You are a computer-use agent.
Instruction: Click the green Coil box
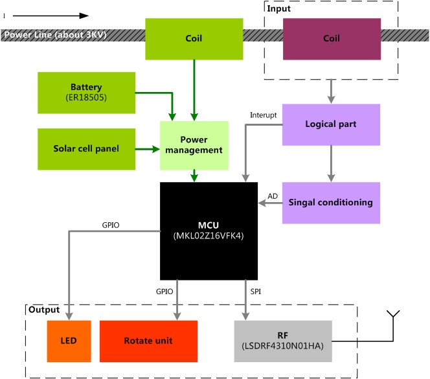[x=194, y=39]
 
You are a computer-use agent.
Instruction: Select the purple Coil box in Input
[x=332, y=39]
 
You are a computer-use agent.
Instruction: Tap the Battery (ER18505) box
[x=87, y=92]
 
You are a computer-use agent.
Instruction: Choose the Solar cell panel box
[x=87, y=149]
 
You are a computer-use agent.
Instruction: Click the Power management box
[x=194, y=145]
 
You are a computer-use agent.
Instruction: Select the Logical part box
[x=331, y=124]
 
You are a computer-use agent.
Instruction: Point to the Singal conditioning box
[x=331, y=203]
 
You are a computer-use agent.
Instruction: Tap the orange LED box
[x=69, y=341]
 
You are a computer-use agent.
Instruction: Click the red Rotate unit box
[x=148, y=341]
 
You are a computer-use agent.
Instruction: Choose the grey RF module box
[x=283, y=341]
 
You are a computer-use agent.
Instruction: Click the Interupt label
[x=263, y=115]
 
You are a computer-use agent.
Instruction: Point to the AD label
[x=273, y=196]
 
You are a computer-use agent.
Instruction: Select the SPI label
[x=256, y=292]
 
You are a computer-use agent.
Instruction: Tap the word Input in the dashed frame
[x=279, y=8]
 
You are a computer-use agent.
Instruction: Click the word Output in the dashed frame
[x=43, y=310]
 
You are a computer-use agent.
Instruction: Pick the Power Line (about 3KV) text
[x=55, y=35]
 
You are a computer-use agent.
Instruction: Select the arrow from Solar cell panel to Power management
[x=148, y=149]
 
